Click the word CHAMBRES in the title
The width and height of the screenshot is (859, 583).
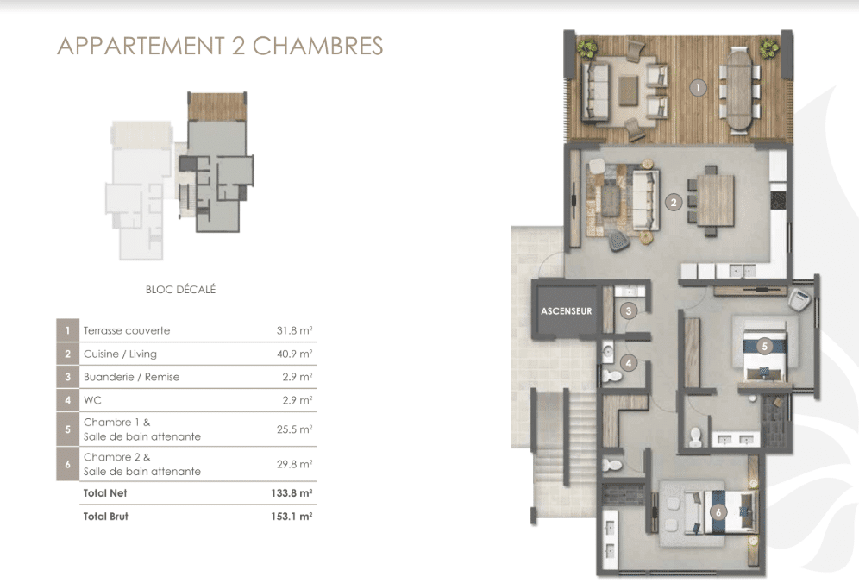317,46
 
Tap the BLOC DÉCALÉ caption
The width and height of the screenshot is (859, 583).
181,289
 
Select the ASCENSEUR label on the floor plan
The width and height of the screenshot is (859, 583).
567,311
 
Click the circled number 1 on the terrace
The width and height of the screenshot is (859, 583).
698,88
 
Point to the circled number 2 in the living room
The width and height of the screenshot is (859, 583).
674,203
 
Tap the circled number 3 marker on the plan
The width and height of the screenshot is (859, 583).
629,311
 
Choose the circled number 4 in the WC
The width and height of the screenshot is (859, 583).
629,363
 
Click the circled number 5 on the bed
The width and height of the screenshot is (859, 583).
764,347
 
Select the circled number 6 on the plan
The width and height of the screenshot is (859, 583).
718,512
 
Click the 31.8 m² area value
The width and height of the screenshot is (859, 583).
294,330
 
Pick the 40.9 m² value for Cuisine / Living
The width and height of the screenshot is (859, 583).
294,354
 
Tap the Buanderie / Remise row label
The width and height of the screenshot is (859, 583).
131,377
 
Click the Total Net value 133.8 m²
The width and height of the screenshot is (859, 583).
292,493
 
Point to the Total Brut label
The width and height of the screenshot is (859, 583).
106,516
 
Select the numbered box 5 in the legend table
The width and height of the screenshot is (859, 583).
68,429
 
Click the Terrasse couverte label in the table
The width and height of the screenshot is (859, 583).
127,330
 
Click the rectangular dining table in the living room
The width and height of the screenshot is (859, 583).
716,201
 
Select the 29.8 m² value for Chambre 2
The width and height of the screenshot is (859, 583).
294,464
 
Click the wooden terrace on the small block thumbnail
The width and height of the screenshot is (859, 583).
217,107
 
